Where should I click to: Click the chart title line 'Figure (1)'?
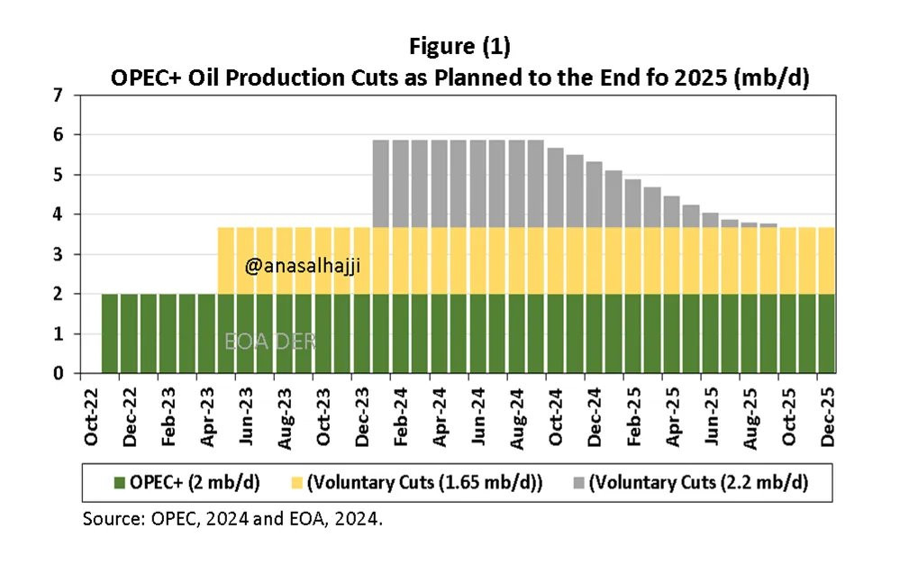click(x=459, y=46)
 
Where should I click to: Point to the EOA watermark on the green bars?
click(x=270, y=341)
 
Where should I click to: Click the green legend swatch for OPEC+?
click(x=95, y=483)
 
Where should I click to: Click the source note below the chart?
click(x=239, y=519)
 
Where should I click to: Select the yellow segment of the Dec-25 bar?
click(x=825, y=260)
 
